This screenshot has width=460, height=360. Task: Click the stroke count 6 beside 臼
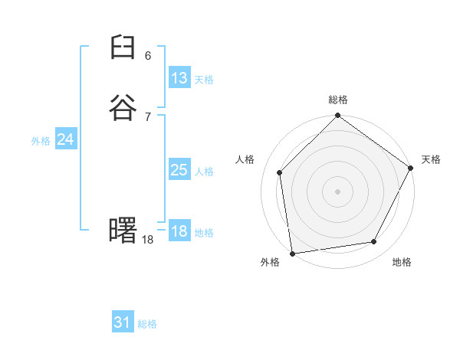pyautogui.click(x=148, y=56)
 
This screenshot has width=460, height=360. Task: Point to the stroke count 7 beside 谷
pyautogui.click(x=148, y=116)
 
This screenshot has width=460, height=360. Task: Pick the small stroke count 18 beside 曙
pyautogui.click(x=148, y=240)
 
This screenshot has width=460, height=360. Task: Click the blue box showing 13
pyautogui.click(x=179, y=78)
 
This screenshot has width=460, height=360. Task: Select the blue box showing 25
pyautogui.click(x=179, y=170)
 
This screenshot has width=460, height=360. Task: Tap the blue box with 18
pyautogui.click(x=179, y=232)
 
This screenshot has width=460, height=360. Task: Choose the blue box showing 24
pyautogui.click(x=65, y=139)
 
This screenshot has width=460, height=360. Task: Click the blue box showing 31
pyautogui.click(x=122, y=322)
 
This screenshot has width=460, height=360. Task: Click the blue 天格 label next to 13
pyautogui.click(x=204, y=80)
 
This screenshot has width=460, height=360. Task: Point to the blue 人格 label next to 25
pyautogui.click(x=204, y=172)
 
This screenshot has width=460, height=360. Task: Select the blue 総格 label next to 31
pyautogui.click(x=147, y=324)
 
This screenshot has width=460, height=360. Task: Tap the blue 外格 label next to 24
pyautogui.click(x=41, y=141)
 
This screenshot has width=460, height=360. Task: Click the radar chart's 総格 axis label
pyautogui.click(x=338, y=100)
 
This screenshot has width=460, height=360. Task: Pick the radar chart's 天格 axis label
pyautogui.click(x=431, y=159)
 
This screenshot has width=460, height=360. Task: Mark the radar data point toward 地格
pyautogui.click(x=374, y=242)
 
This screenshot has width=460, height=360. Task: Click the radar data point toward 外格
pyautogui.click(x=292, y=253)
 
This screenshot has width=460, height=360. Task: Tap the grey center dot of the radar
pyautogui.click(x=337, y=191)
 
